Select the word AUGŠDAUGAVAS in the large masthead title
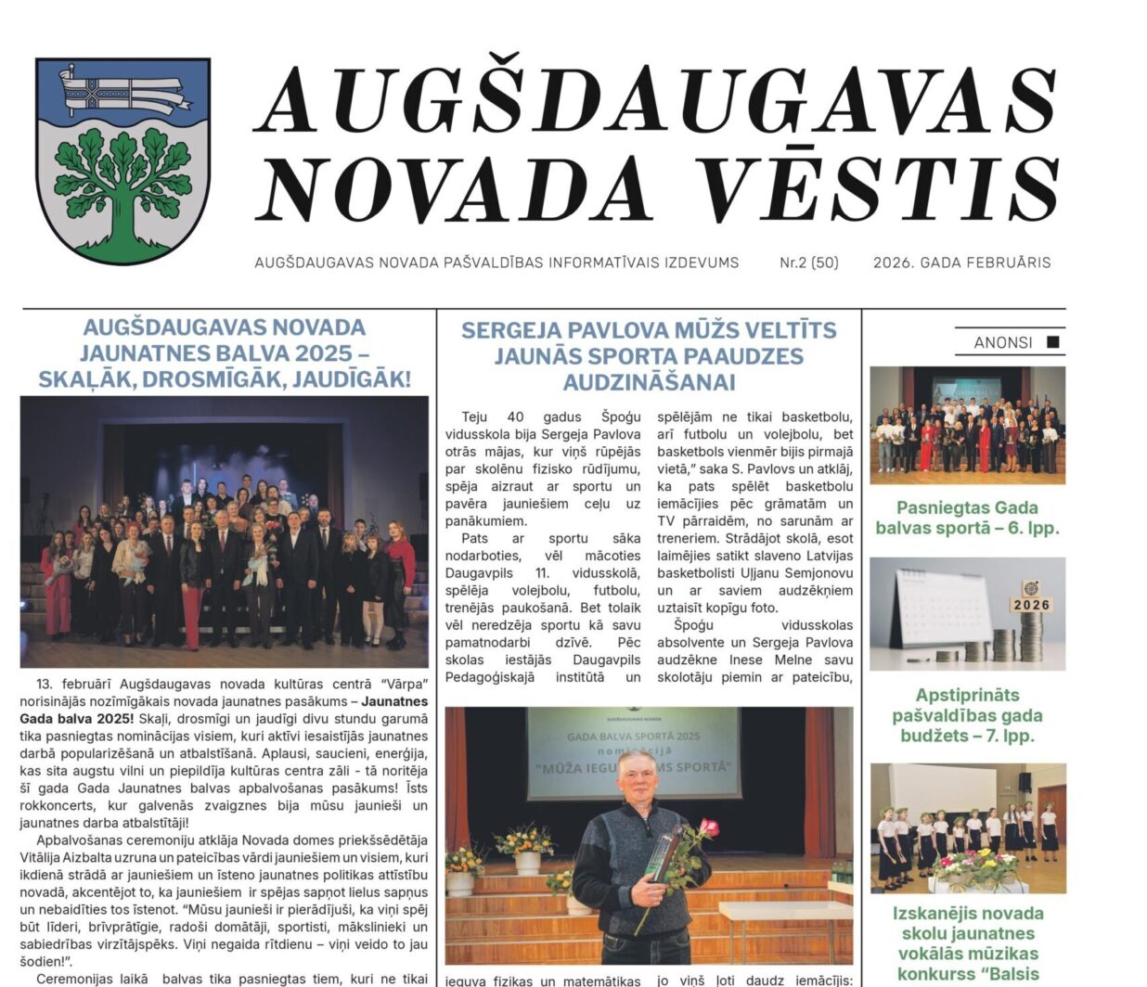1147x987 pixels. pyautogui.click(x=655, y=99)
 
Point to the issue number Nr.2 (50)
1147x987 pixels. pyautogui.click(x=808, y=263)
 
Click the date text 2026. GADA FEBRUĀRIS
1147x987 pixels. pyautogui.click(x=961, y=263)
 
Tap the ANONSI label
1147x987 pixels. pyautogui.click(x=1002, y=342)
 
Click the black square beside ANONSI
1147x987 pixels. pyautogui.click(x=1052, y=341)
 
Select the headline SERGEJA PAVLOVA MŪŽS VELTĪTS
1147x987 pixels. pyautogui.click(x=649, y=330)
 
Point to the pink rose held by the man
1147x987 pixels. pyautogui.click(x=709, y=826)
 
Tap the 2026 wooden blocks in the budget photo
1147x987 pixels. pyautogui.click(x=1030, y=604)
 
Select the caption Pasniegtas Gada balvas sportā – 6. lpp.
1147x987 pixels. pyautogui.click(x=967, y=518)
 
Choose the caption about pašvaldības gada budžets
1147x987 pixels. pyautogui.click(x=967, y=715)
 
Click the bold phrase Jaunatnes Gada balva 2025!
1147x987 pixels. pyautogui.click(x=223, y=710)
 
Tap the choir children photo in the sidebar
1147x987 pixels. pyautogui.click(x=967, y=827)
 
